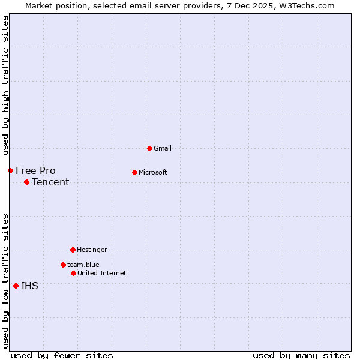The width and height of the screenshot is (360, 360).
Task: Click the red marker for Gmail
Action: coord(149,148)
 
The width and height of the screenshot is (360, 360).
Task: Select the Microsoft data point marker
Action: coord(134,172)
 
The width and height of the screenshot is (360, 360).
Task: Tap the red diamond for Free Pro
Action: coord(10,170)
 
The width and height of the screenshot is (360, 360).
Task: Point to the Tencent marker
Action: coord(26,182)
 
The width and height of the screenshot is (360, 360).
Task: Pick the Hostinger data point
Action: coord(73,250)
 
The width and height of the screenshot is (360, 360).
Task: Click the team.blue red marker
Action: coord(63,265)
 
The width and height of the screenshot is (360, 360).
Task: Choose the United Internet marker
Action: coord(73,273)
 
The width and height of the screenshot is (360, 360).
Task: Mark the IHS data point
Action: coord(16,286)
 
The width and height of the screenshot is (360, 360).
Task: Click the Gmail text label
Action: coord(163,148)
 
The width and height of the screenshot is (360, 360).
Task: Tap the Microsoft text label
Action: coord(153,172)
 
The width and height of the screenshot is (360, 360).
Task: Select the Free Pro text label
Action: coord(35,170)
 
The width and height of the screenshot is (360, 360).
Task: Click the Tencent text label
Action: coord(50,182)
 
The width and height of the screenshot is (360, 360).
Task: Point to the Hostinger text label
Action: coord(92,250)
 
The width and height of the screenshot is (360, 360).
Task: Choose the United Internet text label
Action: coord(101,273)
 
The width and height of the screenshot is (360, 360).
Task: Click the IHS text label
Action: coord(29,286)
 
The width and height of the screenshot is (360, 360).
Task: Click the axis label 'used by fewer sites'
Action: coord(62,355)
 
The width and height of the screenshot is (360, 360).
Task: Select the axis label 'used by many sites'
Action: coord(301,355)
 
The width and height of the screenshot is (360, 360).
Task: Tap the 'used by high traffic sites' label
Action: coord(5,85)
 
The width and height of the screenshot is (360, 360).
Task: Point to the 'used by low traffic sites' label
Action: coord(5,280)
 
